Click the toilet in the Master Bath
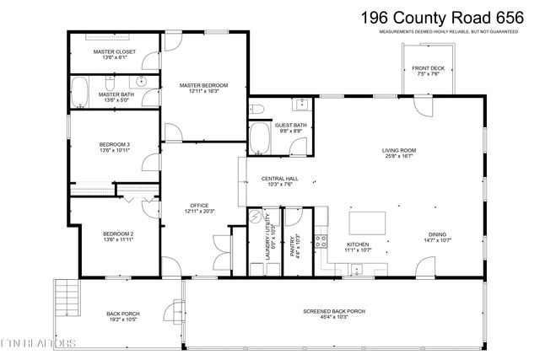(110, 82)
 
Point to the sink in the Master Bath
(141, 83)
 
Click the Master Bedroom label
(203, 84)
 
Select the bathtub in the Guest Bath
(257, 137)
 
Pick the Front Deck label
(428, 67)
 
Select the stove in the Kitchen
(321, 244)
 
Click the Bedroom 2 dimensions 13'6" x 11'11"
(118, 239)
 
